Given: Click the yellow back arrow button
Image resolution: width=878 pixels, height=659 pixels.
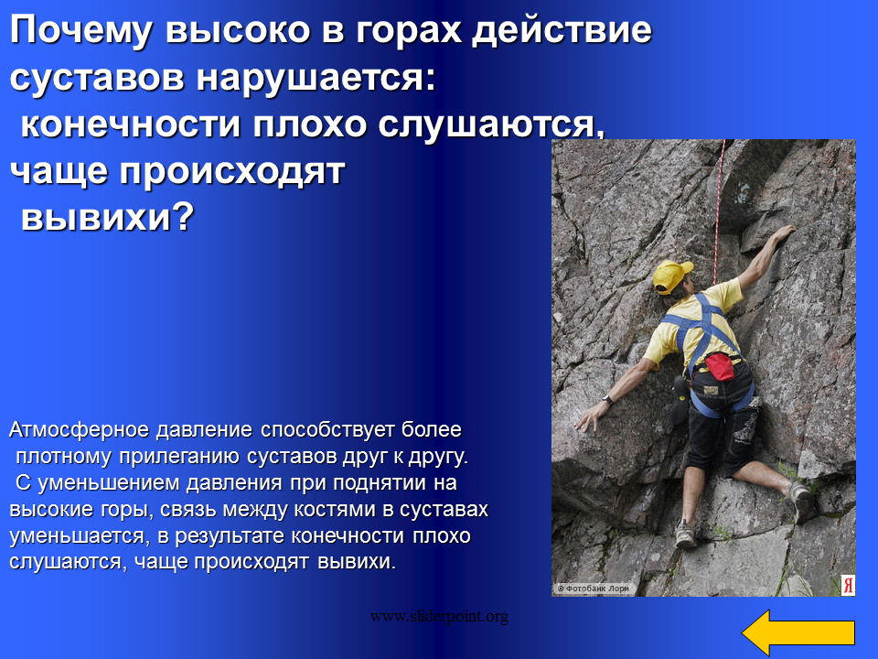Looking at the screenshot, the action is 798,632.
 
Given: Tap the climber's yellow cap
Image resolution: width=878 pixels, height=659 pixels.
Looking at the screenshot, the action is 670,276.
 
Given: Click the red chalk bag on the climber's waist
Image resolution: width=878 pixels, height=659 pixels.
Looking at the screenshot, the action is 720,366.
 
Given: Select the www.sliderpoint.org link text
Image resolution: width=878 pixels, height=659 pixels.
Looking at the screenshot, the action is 439,616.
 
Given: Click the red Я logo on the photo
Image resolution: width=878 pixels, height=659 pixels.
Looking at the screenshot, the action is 848,585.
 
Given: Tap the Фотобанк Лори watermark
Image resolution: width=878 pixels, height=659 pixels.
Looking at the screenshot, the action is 594,589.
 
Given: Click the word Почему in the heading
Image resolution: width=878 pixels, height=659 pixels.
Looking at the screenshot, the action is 80,31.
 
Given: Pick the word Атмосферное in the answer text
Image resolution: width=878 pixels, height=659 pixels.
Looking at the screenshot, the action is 79,430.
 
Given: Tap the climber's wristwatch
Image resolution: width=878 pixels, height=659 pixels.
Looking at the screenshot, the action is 605,400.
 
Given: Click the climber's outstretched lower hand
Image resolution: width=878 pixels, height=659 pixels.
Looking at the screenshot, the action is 587,417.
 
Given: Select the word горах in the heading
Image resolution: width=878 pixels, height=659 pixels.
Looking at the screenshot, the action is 408,31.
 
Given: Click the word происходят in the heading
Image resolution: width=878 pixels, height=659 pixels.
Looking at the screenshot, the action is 232,172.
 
